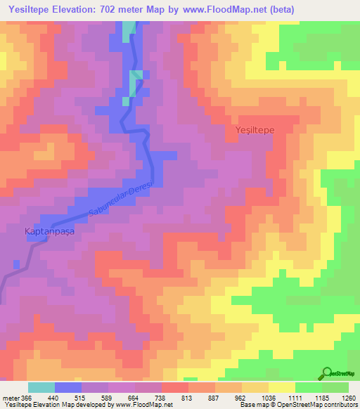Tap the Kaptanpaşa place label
tap(49, 230)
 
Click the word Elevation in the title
tap(79, 8)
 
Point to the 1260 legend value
tap(348, 397)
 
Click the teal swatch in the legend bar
tap(41, 387)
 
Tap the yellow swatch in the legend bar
tap(282, 387)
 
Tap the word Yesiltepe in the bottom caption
tap(16, 405)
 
